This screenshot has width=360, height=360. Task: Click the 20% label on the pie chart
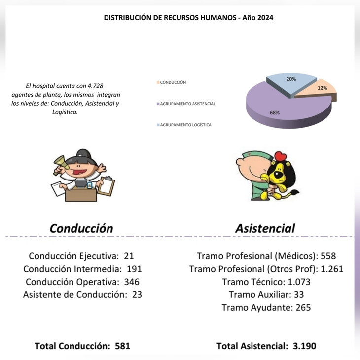pyautogui.click(x=291, y=79)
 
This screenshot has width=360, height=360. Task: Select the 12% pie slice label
pyautogui.click(x=323, y=88)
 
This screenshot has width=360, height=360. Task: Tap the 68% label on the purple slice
pyautogui.click(x=275, y=112)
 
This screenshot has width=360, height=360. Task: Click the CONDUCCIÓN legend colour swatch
pyautogui.click(x=158, y=82)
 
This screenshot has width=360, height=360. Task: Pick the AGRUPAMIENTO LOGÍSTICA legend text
pyautogui.click(x=186, y=125)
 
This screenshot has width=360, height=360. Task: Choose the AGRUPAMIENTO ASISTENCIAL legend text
pyautogui.click(x=188, y=104)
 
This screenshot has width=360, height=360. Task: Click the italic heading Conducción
pyautogui.click(x=81, y=228)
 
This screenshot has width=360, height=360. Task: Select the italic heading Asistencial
pyautogui.click(x=265, y=228)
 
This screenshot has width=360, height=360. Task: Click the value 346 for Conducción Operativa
pyautogui.click(x=131, y=282)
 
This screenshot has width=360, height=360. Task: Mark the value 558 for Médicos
pyautogui.click(x=328, y=256)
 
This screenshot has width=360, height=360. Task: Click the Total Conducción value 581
pyautogui.click(x=122, y=346)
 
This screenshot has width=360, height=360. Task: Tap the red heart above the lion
pyautogui.click(x=281, y=157)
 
